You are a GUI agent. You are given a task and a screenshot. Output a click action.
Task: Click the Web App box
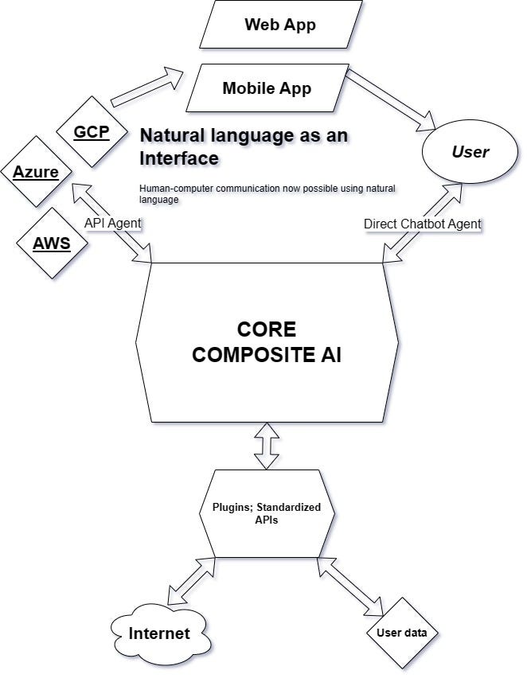coord(279,25)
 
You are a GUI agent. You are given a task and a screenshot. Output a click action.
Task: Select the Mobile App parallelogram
coord(267,88)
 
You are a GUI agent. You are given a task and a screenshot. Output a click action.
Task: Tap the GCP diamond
coord(91,131)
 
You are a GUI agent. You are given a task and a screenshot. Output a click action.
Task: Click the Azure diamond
coord(36,172)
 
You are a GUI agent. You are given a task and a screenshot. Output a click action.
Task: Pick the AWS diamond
coord(52,243)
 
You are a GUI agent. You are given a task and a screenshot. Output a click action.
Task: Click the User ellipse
coord(470,151)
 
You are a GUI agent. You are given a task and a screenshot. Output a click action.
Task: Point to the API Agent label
coord(112,224)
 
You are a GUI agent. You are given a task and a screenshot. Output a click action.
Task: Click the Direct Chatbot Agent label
coord(423,224)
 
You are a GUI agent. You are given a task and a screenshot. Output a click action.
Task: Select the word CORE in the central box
coord(267,329)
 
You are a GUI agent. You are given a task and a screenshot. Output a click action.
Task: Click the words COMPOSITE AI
coord(267,355)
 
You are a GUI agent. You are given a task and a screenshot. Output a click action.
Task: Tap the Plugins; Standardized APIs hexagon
coord(267,513)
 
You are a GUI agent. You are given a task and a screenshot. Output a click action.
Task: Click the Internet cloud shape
coord(160,633)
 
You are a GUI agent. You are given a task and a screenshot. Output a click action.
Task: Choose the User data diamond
coord(402,633)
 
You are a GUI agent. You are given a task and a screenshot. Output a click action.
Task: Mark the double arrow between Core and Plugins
coord(267,446)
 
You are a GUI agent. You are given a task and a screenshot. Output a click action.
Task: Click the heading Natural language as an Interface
coord(244,146)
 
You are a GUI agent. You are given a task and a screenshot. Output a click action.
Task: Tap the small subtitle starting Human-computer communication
coord(267,194)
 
